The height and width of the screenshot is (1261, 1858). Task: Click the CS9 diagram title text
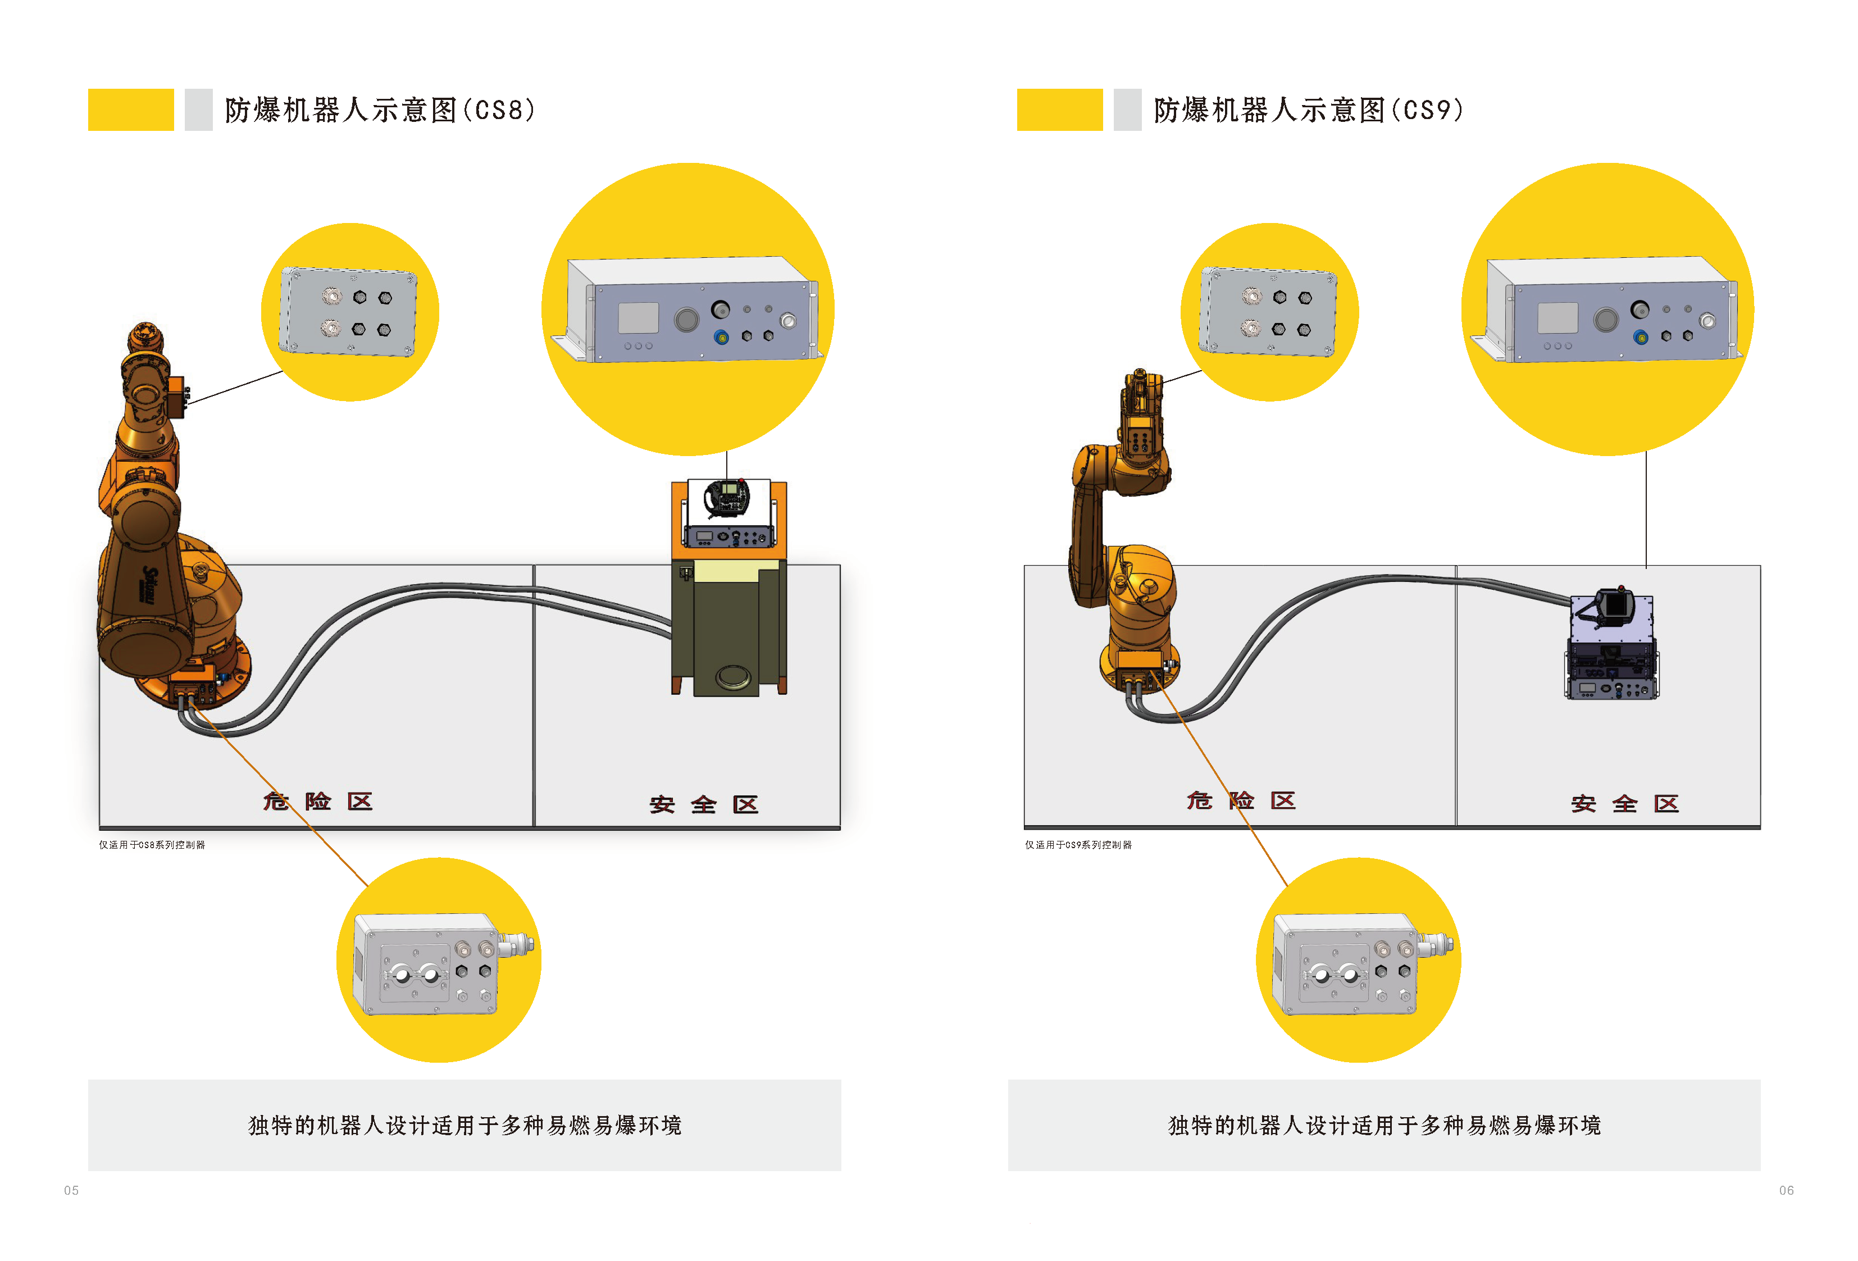1308,110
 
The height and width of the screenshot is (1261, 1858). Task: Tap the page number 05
71,1191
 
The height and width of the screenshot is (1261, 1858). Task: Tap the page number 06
1786,1191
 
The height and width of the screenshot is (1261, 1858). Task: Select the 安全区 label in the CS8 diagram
704,804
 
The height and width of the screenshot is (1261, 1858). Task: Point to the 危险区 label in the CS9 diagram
1241,800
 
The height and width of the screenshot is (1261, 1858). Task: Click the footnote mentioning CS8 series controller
152,844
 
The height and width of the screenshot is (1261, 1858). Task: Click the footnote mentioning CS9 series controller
1078,844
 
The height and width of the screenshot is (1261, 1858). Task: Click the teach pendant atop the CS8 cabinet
727,498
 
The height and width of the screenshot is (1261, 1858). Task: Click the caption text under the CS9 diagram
1384,1126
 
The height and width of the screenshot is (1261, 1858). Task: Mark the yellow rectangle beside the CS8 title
131,110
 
